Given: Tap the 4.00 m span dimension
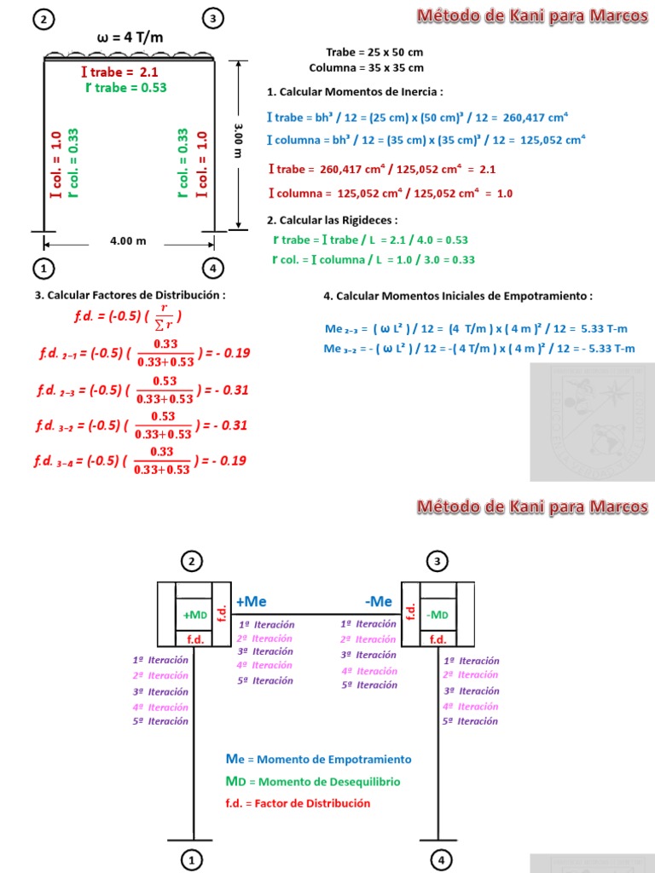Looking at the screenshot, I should click(x=128, y=240).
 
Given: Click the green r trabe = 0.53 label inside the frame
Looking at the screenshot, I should click(x=125, y=87).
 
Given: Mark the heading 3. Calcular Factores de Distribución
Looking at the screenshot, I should click(x=130, y=295).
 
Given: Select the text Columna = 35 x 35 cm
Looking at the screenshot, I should click(x=366, y=67).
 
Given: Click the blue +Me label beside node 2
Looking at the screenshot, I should click(x=252, y=601).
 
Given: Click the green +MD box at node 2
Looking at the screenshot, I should click(x=195, y=615).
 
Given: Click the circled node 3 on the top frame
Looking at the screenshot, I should click(x=212, y=18).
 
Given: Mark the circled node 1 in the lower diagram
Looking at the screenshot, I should click(x=194, y=860).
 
